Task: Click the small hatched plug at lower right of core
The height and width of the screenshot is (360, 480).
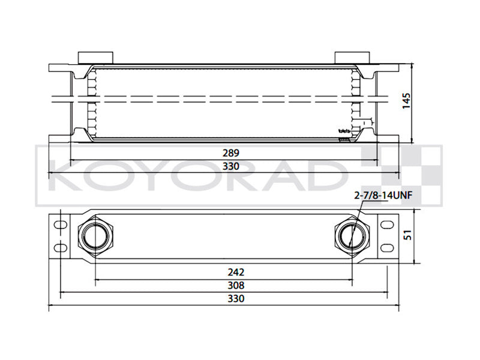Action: click(344, 140)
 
